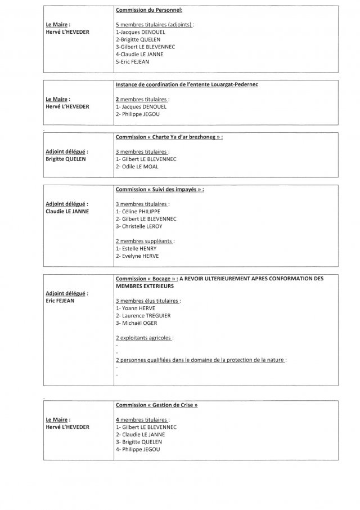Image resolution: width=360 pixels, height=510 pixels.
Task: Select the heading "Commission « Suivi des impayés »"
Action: [160, 189]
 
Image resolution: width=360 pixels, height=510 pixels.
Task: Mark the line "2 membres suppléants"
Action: [145, 240]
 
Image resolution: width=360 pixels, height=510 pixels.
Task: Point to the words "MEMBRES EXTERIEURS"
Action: [145, 285]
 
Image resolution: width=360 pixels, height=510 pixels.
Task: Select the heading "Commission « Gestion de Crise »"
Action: [156, 405]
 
